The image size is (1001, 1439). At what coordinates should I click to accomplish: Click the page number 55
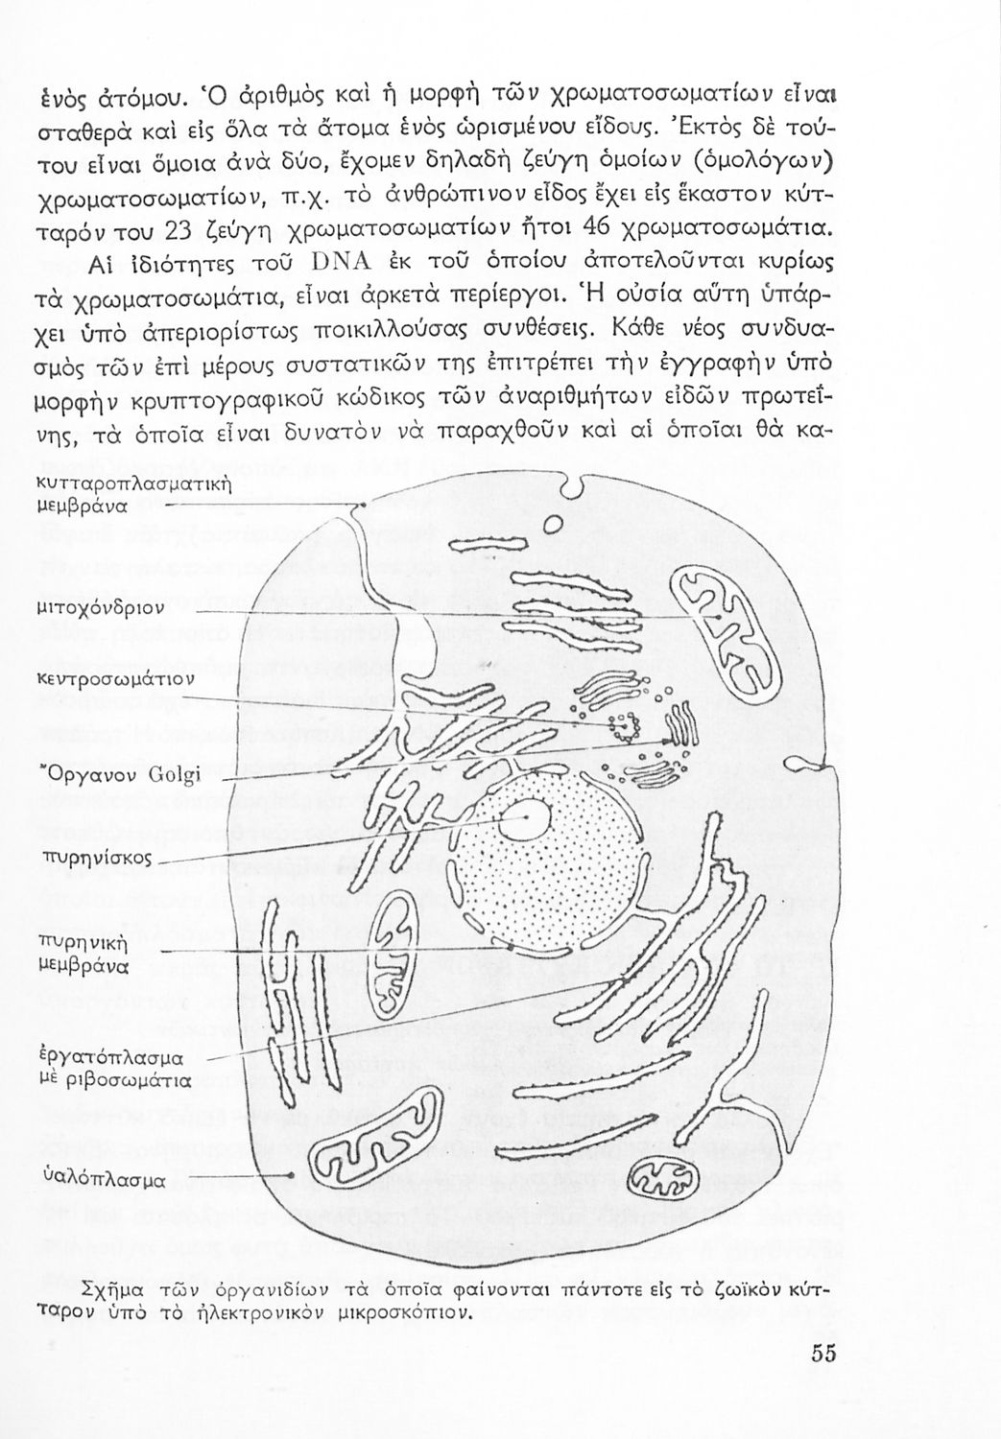(x=823, y=1354)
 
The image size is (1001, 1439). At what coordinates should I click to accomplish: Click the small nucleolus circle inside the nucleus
(x=530, y=816)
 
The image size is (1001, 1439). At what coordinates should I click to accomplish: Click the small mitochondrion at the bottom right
(x=668, y=1172)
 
